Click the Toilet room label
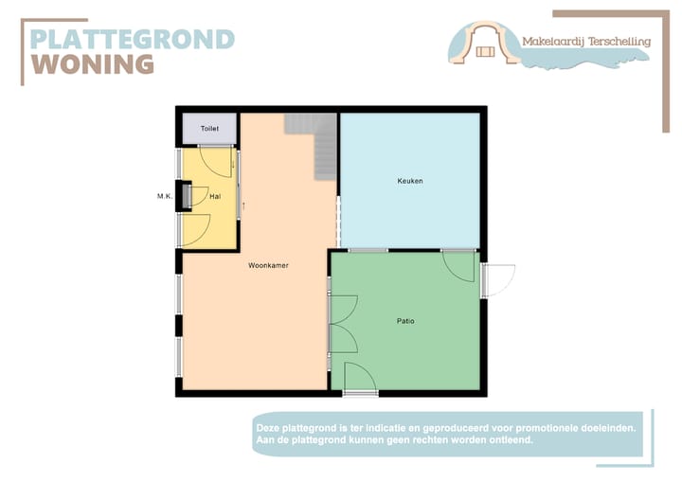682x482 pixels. (x=209, y=128)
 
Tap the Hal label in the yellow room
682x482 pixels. (x=215, y=197)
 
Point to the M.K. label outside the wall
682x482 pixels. (x=164, y=197)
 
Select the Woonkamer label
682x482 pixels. (x=268, y=265)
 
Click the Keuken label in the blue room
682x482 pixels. (x=410, y=180)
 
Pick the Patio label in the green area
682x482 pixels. (x=405, y=321)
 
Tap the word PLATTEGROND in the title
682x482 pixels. (x=132, y=39)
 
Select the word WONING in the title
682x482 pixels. (x=93, y=63)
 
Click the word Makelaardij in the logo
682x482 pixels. (x=553, y=42)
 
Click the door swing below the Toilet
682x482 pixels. (x=218, y=161)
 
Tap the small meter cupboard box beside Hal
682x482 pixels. (x=186, y=196)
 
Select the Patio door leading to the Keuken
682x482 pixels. (x=459, y=265)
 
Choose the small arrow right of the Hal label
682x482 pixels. (x=243, y=204)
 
